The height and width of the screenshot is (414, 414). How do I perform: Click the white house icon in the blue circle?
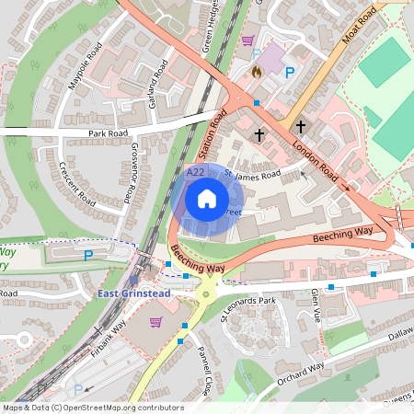[x=207, y=199]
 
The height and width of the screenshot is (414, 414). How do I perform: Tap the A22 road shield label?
[x=195, y=172]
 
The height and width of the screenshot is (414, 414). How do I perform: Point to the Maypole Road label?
[x=84, y=71]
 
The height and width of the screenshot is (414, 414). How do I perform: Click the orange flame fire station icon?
[x=257, y=71]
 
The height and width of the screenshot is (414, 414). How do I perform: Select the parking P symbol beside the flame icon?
[x=290, y=73]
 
